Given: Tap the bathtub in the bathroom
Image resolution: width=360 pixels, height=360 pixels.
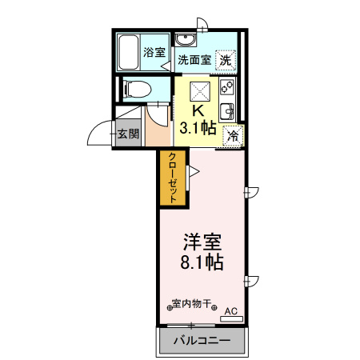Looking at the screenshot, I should point(129,53).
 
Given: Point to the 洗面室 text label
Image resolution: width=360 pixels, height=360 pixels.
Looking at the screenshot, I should point(194,59).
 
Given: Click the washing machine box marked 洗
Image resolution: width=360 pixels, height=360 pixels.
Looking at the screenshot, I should point(226,59).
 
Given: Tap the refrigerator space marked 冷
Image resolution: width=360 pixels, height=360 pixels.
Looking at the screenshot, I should point(233,135).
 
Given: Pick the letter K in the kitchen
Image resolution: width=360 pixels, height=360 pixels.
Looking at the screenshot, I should point(198,111).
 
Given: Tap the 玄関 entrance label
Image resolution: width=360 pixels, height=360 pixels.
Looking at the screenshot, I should point(127,134).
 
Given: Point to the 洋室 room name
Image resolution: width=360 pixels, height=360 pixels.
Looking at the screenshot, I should point(202,240).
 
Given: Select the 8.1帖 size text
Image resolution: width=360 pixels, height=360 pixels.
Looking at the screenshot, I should point(202,262).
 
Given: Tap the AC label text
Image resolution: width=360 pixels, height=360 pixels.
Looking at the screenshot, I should point(230,310).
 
